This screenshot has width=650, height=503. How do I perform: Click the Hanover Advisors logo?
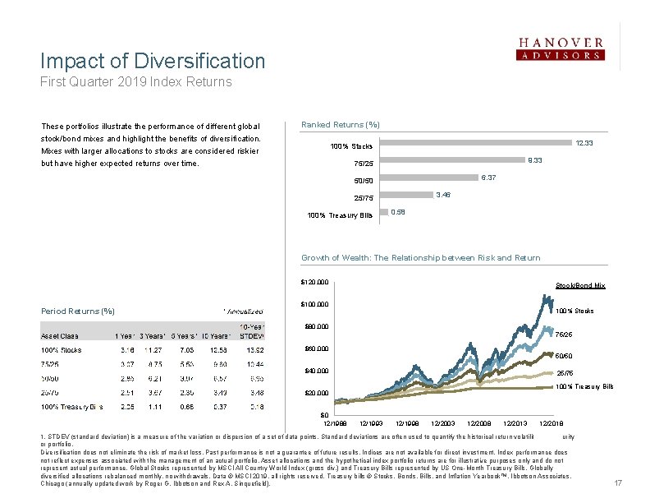561,48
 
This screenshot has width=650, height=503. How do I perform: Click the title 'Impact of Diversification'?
153,61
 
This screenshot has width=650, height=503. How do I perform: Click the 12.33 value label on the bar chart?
585,143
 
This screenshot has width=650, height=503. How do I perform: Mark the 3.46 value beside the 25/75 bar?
444,194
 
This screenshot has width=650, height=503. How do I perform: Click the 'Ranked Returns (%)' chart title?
340,124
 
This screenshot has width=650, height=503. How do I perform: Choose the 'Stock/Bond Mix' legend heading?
580,285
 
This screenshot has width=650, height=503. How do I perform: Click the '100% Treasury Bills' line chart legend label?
584,386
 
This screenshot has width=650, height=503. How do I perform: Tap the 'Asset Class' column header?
61,335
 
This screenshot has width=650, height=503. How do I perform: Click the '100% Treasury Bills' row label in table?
73,406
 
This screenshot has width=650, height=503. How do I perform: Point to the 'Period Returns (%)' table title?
78,311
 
